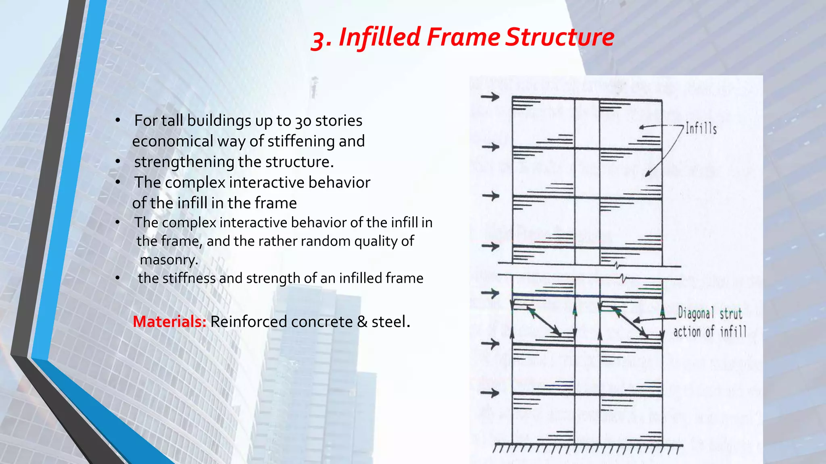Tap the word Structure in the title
(x=560, y=37)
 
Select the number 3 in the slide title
(x=320, y=39)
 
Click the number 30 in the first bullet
(x=302, y=121)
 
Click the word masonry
(x=169, y=260)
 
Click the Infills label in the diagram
(x=701, y=129)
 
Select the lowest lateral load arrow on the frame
(x=490, y=393)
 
